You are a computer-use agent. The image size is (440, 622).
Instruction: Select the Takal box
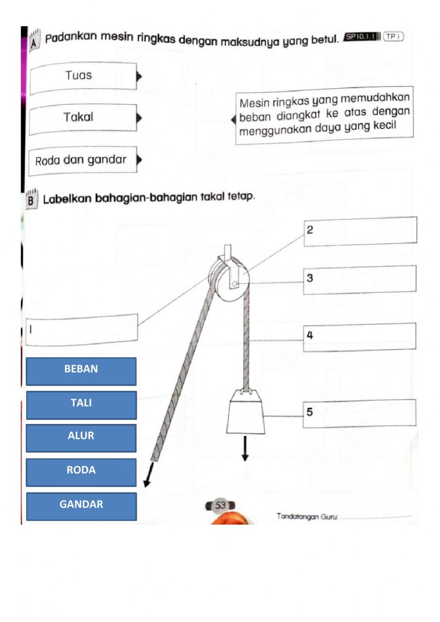click(x=83, y=118)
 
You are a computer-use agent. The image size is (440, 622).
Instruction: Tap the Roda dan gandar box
click(x=83, y=160)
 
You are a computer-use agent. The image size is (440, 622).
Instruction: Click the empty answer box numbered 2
click(x=360, y=231)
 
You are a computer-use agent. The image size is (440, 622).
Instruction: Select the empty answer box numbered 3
click(x=359, y=279)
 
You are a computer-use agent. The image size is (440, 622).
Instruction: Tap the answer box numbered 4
click(x=359, y=337)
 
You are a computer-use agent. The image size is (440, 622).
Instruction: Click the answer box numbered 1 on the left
click(x=82, y=329)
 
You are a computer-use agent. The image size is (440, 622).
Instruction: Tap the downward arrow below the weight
click(x=245, y=449)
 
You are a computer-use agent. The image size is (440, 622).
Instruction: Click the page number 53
click(x=220, y=505)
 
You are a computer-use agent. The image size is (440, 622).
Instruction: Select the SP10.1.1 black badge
click(x=362, y=37)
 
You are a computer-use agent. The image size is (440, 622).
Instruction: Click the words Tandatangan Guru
click(x=307, y=516)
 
